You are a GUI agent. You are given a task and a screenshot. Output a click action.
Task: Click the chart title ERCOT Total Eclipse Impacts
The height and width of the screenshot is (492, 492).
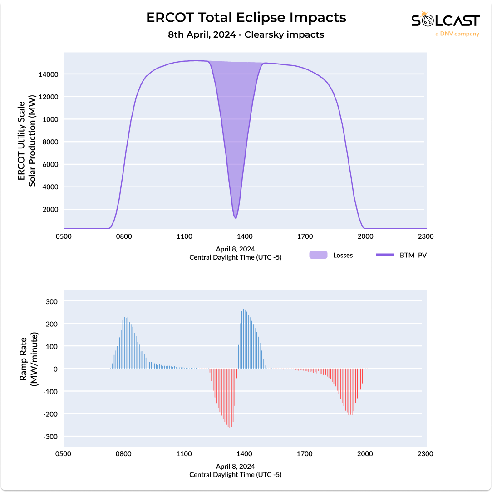click(x=246, y=18)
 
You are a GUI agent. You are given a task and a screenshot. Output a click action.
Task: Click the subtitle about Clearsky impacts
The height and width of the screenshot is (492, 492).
click(x=246, y=34)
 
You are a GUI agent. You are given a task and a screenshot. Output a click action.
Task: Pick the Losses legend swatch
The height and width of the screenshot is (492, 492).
click(x=318, y=255)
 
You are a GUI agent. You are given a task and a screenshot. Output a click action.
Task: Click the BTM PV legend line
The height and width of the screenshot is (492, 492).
click(x=385, y=255)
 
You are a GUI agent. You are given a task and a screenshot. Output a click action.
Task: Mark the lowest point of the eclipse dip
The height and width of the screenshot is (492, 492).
click(x=236, y=219)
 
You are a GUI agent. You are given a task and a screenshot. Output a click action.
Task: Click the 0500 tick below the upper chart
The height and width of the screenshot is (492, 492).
click(x=64, y=236)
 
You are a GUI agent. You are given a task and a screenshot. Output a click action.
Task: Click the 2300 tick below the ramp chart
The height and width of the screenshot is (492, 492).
click(x=425, y=453)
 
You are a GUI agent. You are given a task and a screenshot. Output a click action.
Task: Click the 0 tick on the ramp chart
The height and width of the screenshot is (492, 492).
click(x=55, y=369)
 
